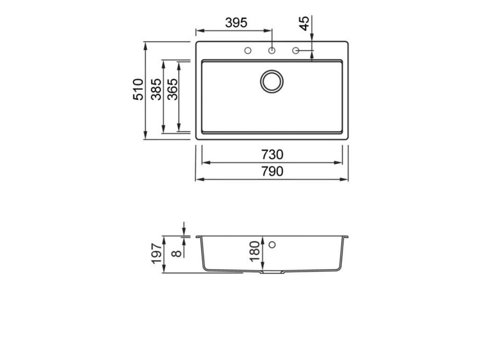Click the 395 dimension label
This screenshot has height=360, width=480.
tap(236, 22)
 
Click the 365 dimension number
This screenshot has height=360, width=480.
tap(172, 89)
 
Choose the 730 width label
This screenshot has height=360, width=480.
tap(272, 154)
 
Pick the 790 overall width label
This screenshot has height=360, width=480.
tap(272, 172)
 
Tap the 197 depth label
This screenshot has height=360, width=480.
tap(157, 254)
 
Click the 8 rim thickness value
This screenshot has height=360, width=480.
tap(176, 254)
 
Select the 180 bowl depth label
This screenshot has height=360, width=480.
tap(255, 251)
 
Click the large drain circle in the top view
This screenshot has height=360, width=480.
tap(272, 81)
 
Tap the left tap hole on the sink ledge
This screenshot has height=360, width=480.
tap(248, 51)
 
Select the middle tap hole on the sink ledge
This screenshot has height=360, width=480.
tap(272, 51)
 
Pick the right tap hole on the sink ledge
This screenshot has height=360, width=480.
tap(296, 51)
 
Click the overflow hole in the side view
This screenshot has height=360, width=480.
tap(272, 244)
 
